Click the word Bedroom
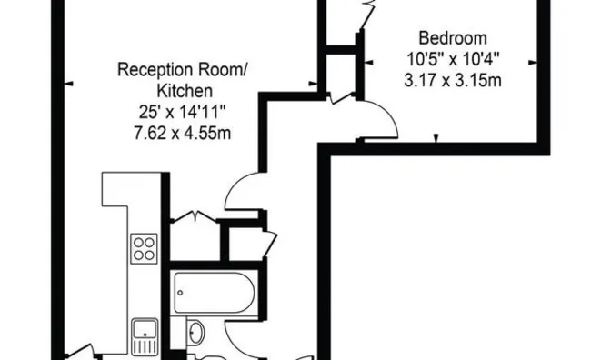[453, 38]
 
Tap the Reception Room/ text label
[183, 70]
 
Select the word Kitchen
[185, 91]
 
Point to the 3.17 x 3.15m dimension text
[453, 81]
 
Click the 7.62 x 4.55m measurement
[183, 134]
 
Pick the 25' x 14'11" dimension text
[183, 112]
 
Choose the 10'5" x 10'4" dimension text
[453, 59]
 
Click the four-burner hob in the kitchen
[145, 249]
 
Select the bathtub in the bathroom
[214, 293]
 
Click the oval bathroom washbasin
[196, 332]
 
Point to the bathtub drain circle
[180, 293]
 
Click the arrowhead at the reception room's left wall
[68, 84]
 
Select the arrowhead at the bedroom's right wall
[533, 63]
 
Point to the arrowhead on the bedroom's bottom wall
[436, 138]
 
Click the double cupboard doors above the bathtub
[195, 216]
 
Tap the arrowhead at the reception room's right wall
[313, 84]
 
